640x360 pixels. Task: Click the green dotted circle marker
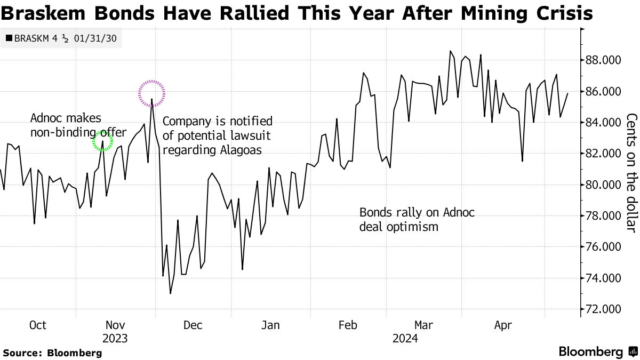click(102, 141)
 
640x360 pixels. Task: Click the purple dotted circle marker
click(152, 93)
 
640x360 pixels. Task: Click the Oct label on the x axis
click(37, 325)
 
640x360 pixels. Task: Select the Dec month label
click(193, 325)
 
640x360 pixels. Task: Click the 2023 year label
click(115, 339)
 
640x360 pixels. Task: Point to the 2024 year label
click(405, 339)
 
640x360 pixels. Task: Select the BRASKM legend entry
click(61, 39)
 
